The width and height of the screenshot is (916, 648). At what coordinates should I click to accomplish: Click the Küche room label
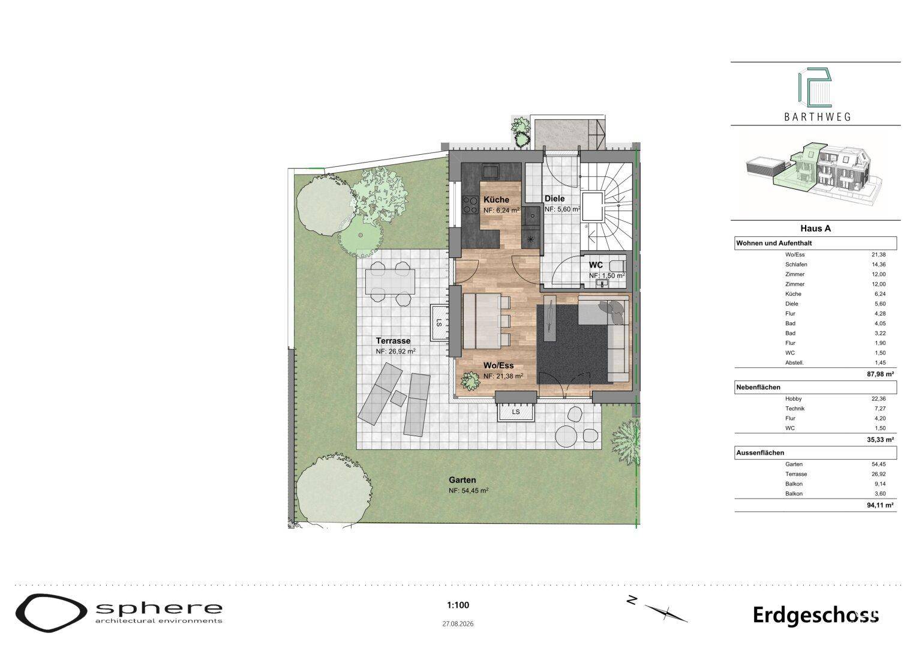pos(496,200)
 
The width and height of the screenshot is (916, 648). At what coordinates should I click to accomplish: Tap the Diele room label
pos(554,199)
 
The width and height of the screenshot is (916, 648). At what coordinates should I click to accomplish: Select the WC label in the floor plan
pos(596,265)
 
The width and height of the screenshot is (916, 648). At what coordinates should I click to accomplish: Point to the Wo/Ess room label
pos(498,365)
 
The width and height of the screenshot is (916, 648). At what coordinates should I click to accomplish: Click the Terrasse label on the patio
pos(393,340)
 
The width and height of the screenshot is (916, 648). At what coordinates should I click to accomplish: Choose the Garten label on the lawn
pos(462,480)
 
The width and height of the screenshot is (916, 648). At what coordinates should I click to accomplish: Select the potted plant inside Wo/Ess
pos(470,381)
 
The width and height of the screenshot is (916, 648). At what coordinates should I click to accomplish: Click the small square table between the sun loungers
pos(398,398)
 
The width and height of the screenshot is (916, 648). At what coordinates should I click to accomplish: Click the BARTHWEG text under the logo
pos(818,117)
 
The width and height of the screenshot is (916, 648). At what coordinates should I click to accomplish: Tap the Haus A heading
pos(815,228)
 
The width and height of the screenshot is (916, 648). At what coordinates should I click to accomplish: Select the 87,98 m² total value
pos(880,373)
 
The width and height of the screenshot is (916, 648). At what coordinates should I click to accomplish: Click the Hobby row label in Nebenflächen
pos(793,398)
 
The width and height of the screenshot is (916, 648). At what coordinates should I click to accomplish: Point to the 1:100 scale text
pos(458,605)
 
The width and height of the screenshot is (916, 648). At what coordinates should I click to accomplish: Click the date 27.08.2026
pos(458,624)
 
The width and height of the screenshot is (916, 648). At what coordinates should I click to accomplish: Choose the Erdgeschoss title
pos(816,616)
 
